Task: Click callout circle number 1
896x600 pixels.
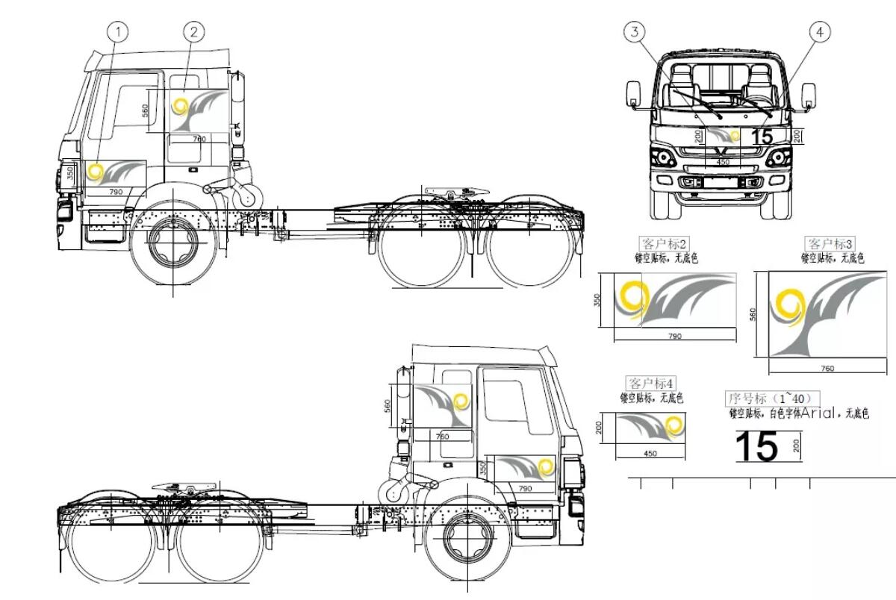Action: pyautogui.click(x=118, y=32)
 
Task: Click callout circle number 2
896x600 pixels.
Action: pyautogui.click(x=193, y=31)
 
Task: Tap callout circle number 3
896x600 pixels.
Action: pyautogui.click(x=635, y=32)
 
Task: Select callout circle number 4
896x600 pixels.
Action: pyautogui.click(x=820, y=32)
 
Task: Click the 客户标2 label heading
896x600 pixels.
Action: pyautogui.click(x=664, y=244)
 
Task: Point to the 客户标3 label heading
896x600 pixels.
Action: pyautogui.click(x=831, y=244)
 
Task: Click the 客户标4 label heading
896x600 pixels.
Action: pyautogui.click(x=652, y=384)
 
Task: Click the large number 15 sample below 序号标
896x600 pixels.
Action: pyautogui.click(x=756, y=446)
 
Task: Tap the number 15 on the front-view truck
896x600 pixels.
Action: pyautogui.click(x=762, y=137)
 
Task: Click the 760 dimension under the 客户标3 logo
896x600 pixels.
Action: pyautogui.click(x=827, y=368)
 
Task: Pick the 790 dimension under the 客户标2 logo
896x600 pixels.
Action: pyautogui.click(x=673, y=337)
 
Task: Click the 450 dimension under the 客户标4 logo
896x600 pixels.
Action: pyautogui.click(x=650, y=453)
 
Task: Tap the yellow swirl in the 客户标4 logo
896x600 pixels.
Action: pyautogui.click(x=673, y=427)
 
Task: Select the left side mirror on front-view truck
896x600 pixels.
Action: pyautogui.click(x=632, y=95)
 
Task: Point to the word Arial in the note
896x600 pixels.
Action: pyautogui.click(x=821, y=413)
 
